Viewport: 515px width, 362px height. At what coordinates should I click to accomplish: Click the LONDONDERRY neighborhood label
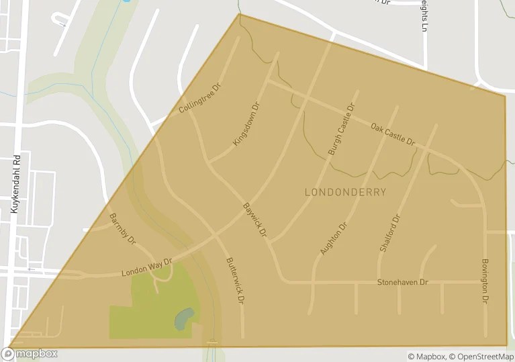tap(345, 192)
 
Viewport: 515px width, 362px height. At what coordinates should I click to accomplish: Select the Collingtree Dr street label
tap(200, 99)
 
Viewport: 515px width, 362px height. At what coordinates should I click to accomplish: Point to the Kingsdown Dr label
tap(246, 123)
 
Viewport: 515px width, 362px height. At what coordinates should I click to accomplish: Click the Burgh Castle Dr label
tap(341, 130)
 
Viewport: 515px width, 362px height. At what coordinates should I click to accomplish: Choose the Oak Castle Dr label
tap(393, 133)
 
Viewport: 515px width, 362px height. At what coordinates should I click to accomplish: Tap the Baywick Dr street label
tap(255, 220)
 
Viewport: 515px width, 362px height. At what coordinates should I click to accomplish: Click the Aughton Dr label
tap(334, 238)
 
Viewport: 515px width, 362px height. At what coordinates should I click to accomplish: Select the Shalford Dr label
tap(390, 233)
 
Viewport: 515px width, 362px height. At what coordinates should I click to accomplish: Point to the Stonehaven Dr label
tap(402, 282)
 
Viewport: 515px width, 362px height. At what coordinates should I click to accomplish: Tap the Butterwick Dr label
tap(233, 281)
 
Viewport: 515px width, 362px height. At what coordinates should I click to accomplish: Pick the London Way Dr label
tap(147, 268)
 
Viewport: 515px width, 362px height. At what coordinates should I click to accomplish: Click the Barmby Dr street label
tap(122, 229)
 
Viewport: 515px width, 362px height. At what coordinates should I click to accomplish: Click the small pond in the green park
tap(184, 318)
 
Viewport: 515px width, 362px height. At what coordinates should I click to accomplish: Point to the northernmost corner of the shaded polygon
tap(240, 14)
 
